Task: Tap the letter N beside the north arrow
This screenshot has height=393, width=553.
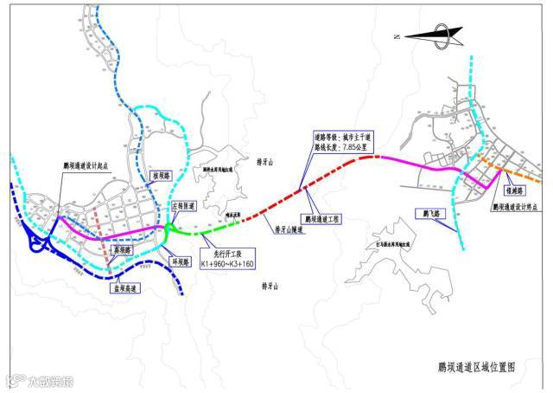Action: click(395, 37)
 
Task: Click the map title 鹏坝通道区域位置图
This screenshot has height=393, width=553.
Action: click(470, 366)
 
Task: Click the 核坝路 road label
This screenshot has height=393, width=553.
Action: click(162, 174)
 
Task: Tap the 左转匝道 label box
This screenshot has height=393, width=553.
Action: click(185, 207)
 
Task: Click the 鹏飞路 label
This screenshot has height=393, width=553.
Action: click(426, 212)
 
